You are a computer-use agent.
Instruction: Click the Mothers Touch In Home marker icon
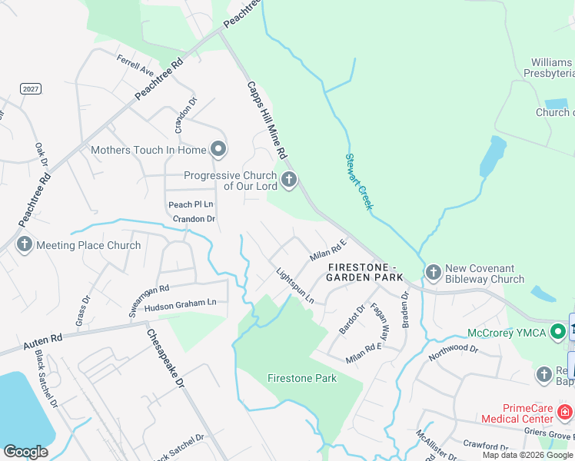point(218,149)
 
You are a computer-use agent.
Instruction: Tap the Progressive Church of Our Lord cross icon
point(289,181)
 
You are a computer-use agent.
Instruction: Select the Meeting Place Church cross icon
point(24,245)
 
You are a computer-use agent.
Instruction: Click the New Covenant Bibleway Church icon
point(433,272)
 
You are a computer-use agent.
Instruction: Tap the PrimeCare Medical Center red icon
point(564,413)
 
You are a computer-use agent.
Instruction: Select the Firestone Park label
point(302,378)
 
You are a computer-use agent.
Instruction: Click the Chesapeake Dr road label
point(166,358)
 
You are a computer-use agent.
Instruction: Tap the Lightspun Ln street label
point(295,285)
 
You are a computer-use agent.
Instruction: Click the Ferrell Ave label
point(135,65)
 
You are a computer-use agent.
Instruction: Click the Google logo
point(26,451)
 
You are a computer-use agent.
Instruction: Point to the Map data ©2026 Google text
point(527,455)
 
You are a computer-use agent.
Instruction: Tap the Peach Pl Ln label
point(191,204)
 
